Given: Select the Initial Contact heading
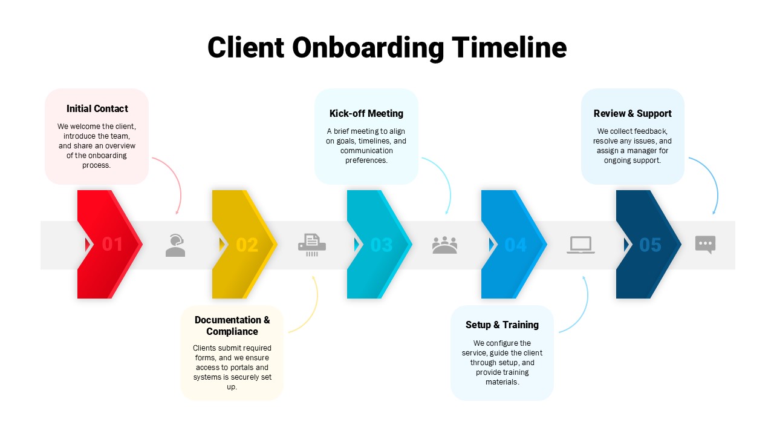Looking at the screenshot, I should click(97, 109).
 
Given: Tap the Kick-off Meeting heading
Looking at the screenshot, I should click(366, 113).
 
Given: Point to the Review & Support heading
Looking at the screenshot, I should click(633, 113).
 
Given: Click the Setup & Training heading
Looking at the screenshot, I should click(502, 325).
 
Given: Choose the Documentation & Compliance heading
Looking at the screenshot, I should click(232, 325).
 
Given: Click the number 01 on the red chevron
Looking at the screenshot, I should click(112, 245).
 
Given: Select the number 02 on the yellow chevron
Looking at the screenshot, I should click(247, 245).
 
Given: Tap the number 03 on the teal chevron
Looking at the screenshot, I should click(382, 245).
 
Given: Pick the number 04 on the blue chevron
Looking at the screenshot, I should click(516, 245).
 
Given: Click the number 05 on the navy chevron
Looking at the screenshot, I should click(650, 245).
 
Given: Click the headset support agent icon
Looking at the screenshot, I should click(175, 245).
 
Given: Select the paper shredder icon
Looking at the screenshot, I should click(312, 245).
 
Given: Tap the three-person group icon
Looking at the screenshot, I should click(445, 245).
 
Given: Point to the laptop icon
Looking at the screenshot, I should click(580, 245).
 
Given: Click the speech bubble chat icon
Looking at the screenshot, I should click(705, 244).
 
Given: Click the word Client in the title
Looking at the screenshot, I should click(246, 48).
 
